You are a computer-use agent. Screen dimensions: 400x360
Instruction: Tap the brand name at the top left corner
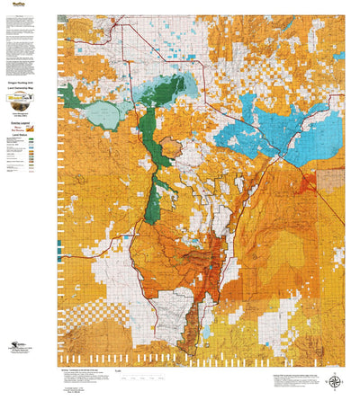point(14,4)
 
